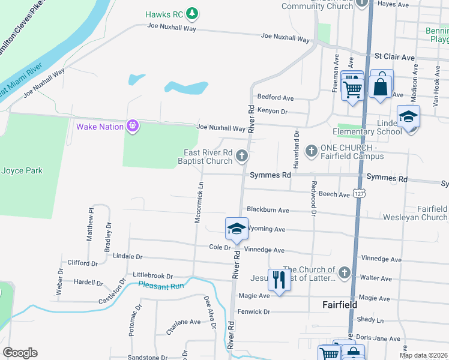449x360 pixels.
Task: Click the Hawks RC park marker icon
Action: tap(192, 13)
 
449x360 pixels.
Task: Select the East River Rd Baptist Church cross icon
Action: tap(242, 157)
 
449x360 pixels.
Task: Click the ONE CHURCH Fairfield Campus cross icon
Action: tap(312, 151)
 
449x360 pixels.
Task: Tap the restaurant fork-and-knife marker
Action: tap(279, 279)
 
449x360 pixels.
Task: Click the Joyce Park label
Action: tap(22, 170)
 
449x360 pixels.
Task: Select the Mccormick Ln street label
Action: tap(198, 203)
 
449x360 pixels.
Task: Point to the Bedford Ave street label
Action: tap(275, 97)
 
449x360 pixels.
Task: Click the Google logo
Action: tap(20, 352)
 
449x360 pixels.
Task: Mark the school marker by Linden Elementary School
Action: tap(408, 117)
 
